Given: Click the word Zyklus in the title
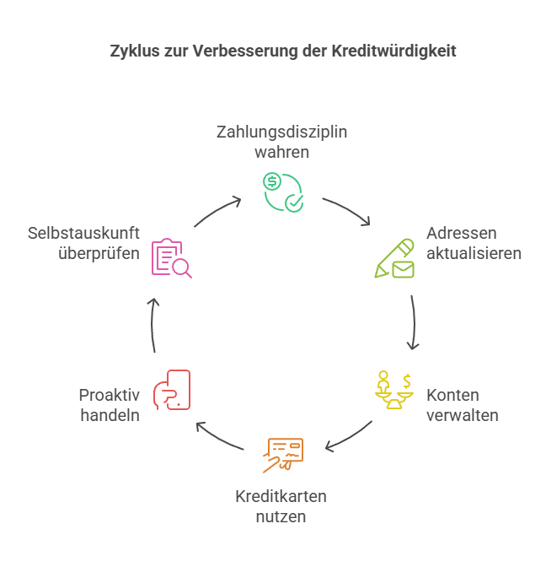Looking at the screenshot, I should [131, 51].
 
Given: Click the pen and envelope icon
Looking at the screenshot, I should [394, 259].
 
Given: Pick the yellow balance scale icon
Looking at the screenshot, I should [393, 390].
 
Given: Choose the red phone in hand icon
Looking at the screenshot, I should [172, 391].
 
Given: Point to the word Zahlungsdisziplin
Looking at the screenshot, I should [281, 132].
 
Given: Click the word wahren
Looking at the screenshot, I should [281, 153].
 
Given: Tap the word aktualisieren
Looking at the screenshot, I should [474, 253].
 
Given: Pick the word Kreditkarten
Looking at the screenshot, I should [281, 495].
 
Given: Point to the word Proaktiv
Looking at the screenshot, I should [109, 395].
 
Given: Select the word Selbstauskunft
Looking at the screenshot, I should [83, 233].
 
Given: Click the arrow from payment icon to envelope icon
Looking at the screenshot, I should [347, 211].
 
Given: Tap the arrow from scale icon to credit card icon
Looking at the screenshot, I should [349, 436].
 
